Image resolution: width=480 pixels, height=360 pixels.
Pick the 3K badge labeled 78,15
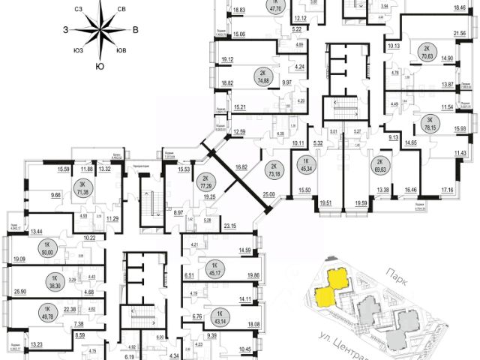point(430,122)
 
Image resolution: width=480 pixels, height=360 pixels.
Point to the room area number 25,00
point(269,194)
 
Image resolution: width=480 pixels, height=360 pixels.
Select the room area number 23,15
point(230,225)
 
